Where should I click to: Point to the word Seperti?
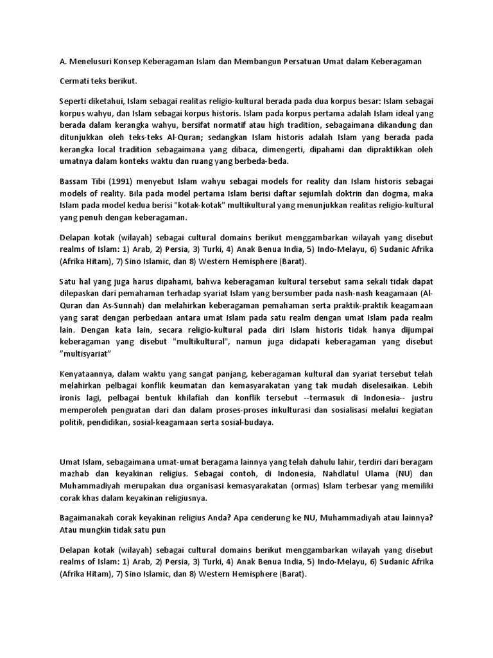tap(76, 102)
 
